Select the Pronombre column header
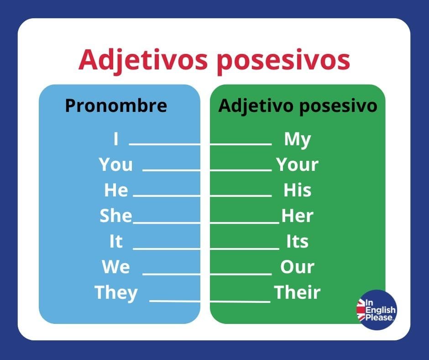[x=116, y=106]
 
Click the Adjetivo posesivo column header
[x=298, y=106]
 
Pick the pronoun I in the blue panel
[x=116, y=139]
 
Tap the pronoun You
[x=116, y=165]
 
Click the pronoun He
[x=116, y=191]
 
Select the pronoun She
[x=116, y=216]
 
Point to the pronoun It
[x=116, y=241]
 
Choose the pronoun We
[x=116, y=267]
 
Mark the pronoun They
[x=116, y=292]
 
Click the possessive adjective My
[x=297, y=139]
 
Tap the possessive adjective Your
[x=297, y=165]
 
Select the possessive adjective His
[x=297, y=191]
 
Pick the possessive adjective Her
[x=297, y=216]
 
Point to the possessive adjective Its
[x=297, y=241]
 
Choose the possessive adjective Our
[x=297, y=267]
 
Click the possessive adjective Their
[x=297, y=292]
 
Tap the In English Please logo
[x=377, y=310]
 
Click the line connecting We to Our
[x=207, y=275]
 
